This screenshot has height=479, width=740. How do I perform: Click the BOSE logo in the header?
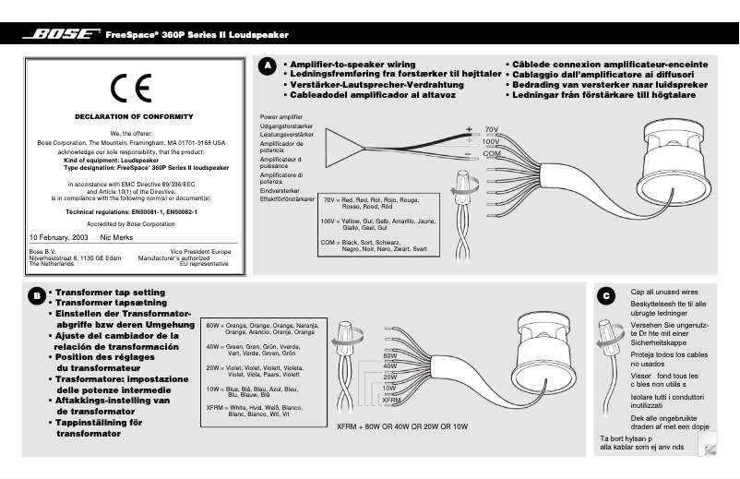(62, 35)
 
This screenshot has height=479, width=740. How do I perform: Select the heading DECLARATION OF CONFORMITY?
(134, 116)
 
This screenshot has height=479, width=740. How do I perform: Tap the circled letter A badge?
(267, 66)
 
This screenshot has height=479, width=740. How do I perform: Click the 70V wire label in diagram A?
(491, 129)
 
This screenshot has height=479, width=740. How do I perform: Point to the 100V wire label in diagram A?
(491, 141)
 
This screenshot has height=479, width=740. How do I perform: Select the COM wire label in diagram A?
(491, 153)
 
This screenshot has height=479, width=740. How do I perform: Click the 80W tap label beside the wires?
(389, 355)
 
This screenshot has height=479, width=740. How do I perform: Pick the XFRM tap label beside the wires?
(391, 401)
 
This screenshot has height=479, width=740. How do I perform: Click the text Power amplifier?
(281, 118)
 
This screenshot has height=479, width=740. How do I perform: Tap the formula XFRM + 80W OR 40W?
(401, 426)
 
